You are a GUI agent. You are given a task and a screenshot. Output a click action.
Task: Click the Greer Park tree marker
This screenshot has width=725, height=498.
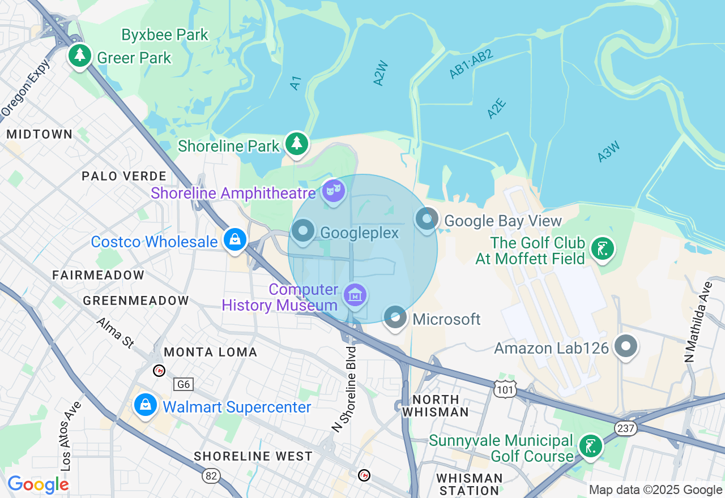coord(80,55)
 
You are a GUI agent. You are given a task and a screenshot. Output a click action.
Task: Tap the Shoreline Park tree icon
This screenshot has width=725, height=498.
coord(296,144)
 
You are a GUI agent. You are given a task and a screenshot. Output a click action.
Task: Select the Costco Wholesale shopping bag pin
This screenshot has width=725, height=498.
coord(234,240)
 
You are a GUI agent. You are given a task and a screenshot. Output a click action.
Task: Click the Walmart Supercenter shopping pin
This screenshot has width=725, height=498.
coord(146,405)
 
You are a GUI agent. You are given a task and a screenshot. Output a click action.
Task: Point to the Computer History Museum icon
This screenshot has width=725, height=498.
coord(355,295)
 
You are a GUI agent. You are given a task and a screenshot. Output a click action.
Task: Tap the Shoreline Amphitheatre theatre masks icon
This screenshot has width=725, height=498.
coord(333,191)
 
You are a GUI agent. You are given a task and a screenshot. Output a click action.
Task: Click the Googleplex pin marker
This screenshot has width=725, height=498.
coord(304,231)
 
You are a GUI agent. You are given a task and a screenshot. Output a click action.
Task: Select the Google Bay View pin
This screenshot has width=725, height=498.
coord(427,219)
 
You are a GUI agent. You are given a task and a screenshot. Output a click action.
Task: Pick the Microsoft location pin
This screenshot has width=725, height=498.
coord(395,317)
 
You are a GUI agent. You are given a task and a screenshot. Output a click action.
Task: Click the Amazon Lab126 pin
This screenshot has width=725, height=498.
coord(626,346)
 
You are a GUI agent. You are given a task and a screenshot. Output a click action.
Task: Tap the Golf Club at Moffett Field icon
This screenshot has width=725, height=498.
coord(602,248)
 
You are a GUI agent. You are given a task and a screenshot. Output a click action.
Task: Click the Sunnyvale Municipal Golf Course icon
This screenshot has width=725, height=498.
coord(590,447)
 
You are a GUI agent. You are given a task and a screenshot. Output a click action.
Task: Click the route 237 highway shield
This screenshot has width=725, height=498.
coord(626,428)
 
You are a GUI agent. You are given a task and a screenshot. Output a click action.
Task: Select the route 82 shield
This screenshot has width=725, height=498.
coord(211,476)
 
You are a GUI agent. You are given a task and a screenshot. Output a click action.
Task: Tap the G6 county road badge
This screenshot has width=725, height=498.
coord(184,385)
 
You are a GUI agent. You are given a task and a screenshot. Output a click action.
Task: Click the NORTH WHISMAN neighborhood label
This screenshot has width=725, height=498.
coord(436,406)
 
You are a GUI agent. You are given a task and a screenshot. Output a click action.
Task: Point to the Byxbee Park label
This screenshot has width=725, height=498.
coord(165,35)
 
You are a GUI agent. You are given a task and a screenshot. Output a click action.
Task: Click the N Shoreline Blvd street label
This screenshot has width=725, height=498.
coord(347,389)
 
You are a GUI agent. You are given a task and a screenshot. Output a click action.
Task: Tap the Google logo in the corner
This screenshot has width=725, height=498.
coord(38,484)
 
